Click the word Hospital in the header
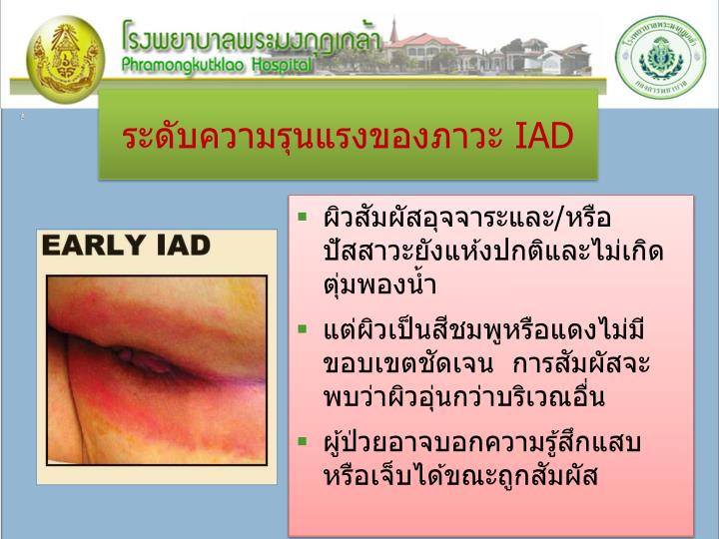[x=282, y=64]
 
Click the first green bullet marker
[x=303, y=217]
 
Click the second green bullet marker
[x=303, y=328]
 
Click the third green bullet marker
[x=303, y=440]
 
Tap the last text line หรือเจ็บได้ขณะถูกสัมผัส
[x=460, y=476]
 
